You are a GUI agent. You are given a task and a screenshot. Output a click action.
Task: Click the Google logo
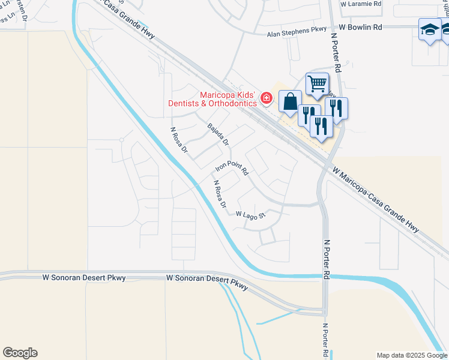pos(20,353)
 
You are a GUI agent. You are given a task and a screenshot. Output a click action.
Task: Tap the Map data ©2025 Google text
pos(412,355)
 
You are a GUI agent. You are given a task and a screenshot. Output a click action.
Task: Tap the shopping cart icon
pos(318,83)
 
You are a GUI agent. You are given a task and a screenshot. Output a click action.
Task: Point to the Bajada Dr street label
pos(218,134)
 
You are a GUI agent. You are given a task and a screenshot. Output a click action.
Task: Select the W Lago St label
pos(251,215)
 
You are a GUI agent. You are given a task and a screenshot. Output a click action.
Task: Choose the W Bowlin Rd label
pos(360,27)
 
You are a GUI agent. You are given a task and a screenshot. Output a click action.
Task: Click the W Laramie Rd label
pos(361,4)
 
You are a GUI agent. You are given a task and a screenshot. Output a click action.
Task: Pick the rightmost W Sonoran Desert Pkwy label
pos(207,282)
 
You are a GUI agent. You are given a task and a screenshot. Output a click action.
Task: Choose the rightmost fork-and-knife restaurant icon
pos(337,108)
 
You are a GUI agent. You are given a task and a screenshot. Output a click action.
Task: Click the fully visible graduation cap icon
pos(430,29)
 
